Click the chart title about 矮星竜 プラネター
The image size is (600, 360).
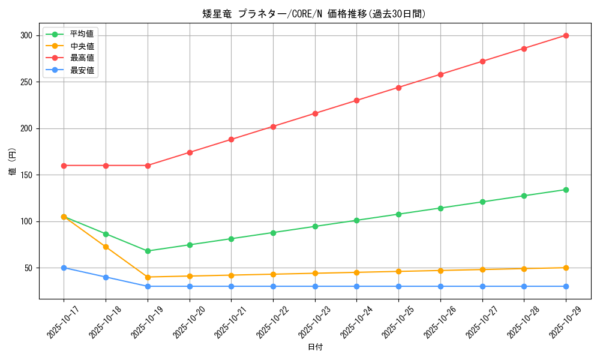click(314, 14)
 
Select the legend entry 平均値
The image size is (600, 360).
click(82, 34)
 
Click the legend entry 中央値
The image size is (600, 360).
click(82, 46)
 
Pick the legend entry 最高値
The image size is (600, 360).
click(82, 58)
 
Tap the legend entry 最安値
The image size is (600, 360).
click(82, 70)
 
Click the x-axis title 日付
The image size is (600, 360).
click(314, 347)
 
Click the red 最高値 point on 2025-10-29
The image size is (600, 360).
click(566, 35)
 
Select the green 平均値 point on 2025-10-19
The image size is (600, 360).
click(148, 251)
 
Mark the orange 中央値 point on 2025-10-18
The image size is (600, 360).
click(106, 247)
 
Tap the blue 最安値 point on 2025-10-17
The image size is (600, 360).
click(64, 268)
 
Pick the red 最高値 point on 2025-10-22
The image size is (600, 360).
click(273, 127)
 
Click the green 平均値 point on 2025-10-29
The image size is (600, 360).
click(566, 190)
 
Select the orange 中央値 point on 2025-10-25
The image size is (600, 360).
click(398, 271)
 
